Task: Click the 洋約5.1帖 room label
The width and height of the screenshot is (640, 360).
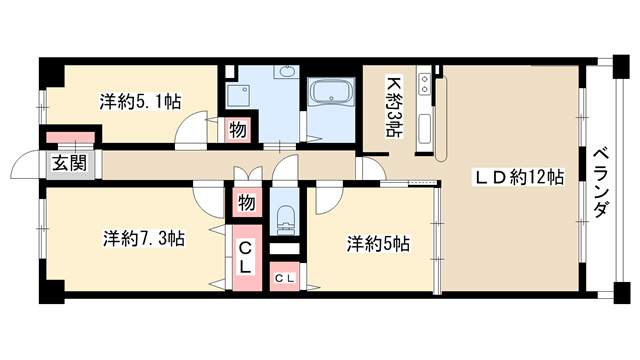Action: [140, 102]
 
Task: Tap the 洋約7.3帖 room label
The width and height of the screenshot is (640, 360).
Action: [144, 238]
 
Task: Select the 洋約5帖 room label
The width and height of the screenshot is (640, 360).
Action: [378, 244]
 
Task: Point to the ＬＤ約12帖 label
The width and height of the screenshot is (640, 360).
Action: [518, 177]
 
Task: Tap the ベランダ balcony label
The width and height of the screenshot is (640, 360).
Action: [602, 183]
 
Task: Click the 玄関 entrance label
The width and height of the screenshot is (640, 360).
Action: [70, 164]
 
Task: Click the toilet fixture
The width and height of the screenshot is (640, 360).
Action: [285, 219]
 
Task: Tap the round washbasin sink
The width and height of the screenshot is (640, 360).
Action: [289, 72]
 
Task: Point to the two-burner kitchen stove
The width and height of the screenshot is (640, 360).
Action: [424, 84]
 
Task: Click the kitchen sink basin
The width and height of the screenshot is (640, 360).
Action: [424, 129]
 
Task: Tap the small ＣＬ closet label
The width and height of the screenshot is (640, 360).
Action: [284, 279]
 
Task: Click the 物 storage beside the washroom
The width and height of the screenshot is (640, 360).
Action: [237, 130]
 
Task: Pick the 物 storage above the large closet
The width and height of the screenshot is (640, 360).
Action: [246, 202]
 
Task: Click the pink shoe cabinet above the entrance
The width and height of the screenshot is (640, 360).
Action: [70, 137]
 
